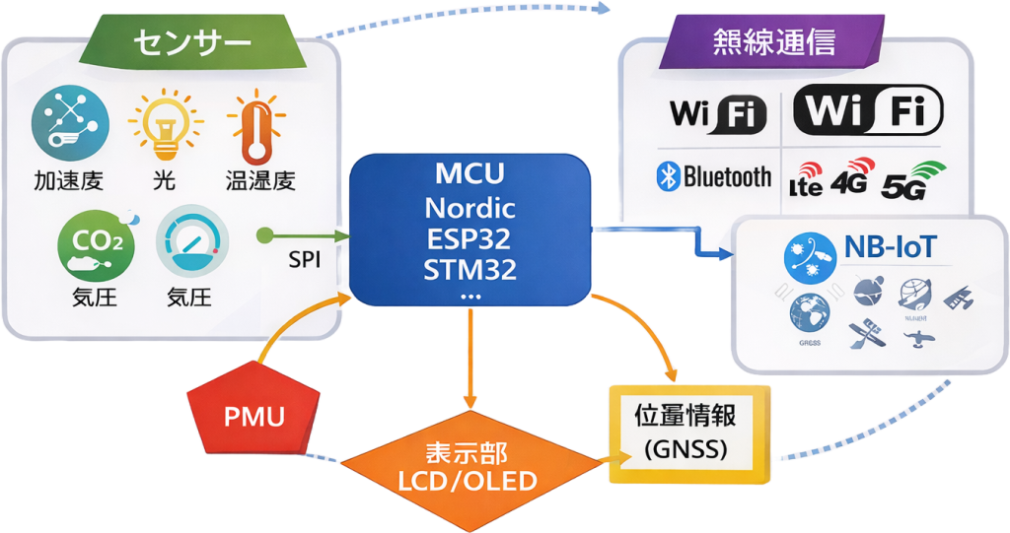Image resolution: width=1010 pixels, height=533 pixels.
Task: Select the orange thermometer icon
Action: coord(254,126)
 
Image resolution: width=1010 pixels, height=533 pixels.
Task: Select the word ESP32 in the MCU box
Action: coord(470,237)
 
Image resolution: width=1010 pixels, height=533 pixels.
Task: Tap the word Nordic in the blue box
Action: coord(470,208)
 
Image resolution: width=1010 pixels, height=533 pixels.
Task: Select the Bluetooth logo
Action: coord(714,177)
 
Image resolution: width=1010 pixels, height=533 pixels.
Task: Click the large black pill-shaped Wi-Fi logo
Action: coord(868,110)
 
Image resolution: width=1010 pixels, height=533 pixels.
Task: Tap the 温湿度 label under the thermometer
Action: coord(259,181)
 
